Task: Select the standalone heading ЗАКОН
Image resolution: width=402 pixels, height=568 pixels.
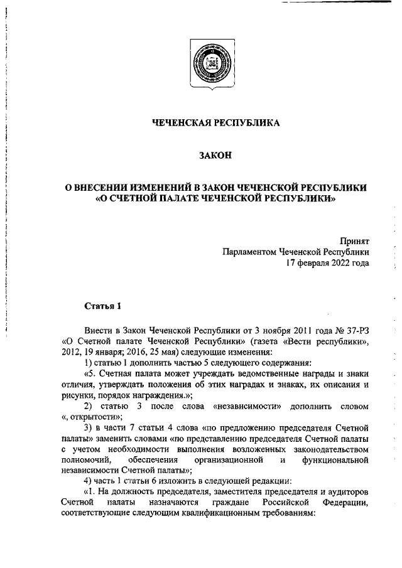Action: pos(217,156)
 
